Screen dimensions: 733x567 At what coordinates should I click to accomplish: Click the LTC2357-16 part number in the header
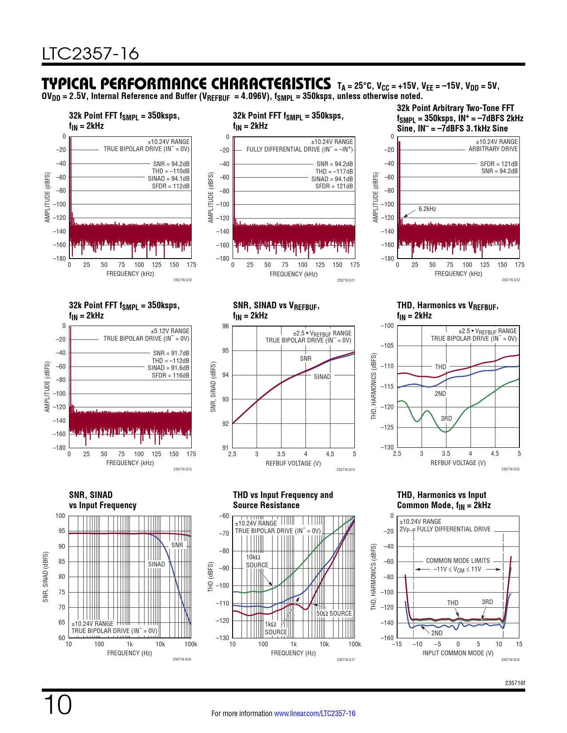pos(90,54)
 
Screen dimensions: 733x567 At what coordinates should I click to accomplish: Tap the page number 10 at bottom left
pos(57,705)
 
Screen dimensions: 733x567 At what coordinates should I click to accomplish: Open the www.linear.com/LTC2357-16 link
pos(314,713)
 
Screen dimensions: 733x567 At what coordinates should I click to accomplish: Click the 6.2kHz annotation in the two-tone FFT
pos(427,209)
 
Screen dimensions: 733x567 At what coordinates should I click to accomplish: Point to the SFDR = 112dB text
pos(170,186)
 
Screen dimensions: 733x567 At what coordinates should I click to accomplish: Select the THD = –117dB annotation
pos(334,171)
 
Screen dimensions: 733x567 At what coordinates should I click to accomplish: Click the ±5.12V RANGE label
pos(170,331)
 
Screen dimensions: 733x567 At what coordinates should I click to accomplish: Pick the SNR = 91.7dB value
pos(171,353)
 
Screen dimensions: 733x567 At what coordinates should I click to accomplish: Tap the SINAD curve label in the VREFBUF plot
pos(322,377)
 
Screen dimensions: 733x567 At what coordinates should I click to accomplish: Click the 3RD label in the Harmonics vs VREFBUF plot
pos(446,418)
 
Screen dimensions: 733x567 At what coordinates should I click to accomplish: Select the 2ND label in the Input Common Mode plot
pos(437,633)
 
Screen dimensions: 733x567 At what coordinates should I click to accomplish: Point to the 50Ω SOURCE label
pos(334,613)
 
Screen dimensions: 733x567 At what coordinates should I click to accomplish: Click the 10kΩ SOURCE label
pos(257,561)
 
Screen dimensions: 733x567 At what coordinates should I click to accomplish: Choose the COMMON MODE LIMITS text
pos(458,561)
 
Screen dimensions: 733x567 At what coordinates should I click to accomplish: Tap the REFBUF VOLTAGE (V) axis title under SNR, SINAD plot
pos(293,463)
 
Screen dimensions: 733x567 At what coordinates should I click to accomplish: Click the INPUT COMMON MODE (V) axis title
pos(458,653)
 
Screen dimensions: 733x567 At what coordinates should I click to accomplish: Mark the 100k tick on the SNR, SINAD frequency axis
pos(191,644)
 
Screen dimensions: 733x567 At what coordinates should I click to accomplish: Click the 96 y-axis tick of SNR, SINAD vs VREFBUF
pos(225,326)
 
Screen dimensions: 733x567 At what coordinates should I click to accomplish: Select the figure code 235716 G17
pos(346,660)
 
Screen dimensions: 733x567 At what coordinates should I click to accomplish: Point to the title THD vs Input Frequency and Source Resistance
pos(283,500)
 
